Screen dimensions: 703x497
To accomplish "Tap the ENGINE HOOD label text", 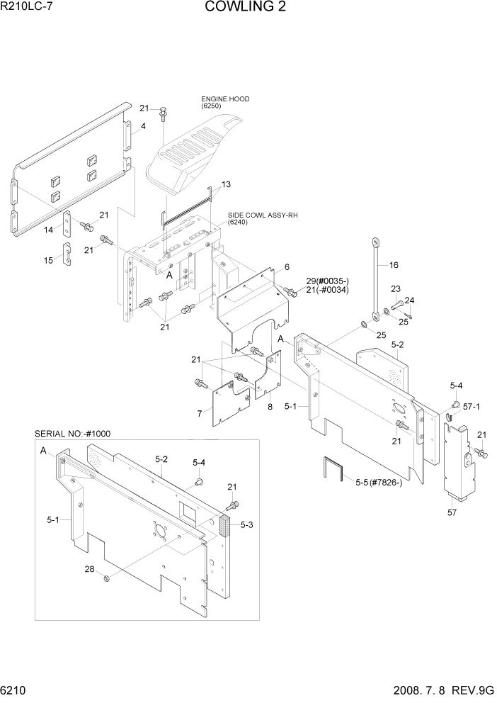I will (x=225, y=99).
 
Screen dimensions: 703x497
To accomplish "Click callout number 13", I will (x=226, y=184).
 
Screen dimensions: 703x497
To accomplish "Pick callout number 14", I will (x=48, y=230).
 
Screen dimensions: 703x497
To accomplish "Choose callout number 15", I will (x=48, y=260).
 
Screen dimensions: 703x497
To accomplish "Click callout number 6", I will (x=286, y=267).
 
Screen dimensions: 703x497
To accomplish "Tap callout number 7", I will (x=200, y=413).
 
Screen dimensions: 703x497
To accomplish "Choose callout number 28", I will (x=89, y=569).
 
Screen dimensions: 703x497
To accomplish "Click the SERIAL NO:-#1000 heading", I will (x=72, y=434).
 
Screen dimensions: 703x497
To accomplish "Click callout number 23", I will (x=396, y=288).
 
